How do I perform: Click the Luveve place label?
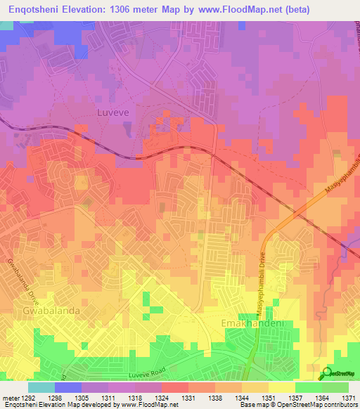tap(110, 111)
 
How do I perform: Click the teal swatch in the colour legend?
tap(41, 387)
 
